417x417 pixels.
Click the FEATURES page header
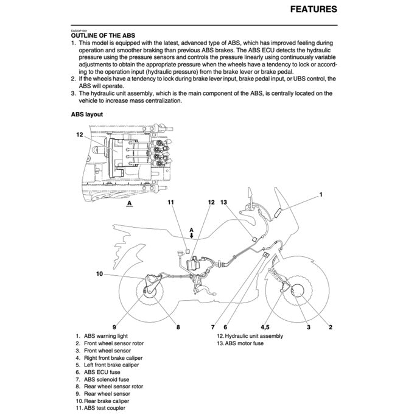(313, 10)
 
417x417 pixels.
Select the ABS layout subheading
(86, 114)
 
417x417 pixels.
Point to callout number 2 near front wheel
(330, 328)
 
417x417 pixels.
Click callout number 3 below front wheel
(309, 328)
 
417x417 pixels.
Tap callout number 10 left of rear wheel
(99, 273)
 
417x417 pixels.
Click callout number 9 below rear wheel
(114, 328)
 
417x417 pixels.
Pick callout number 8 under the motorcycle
(178, 328)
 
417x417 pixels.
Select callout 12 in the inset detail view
(79, 135)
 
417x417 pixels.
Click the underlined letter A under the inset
(130, 206)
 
